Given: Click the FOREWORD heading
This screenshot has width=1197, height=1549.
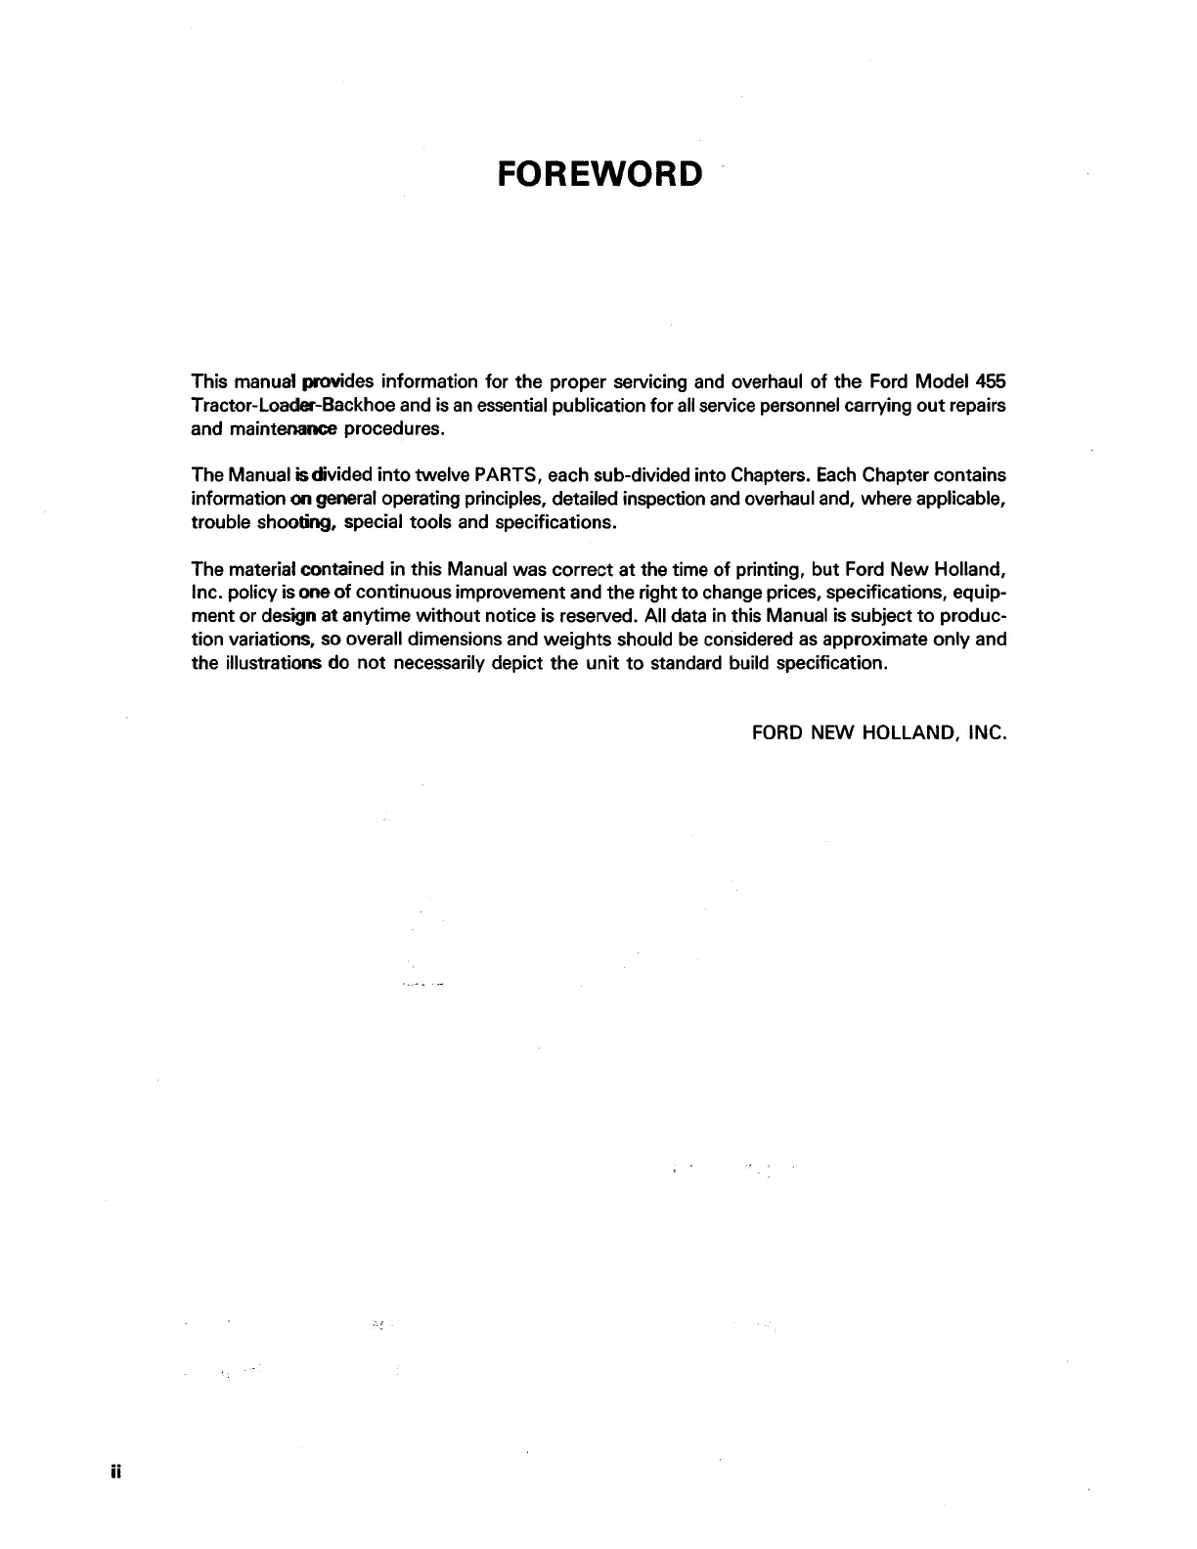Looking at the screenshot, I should click(599, 174).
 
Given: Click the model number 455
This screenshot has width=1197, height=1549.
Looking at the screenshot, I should click(991, 380).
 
